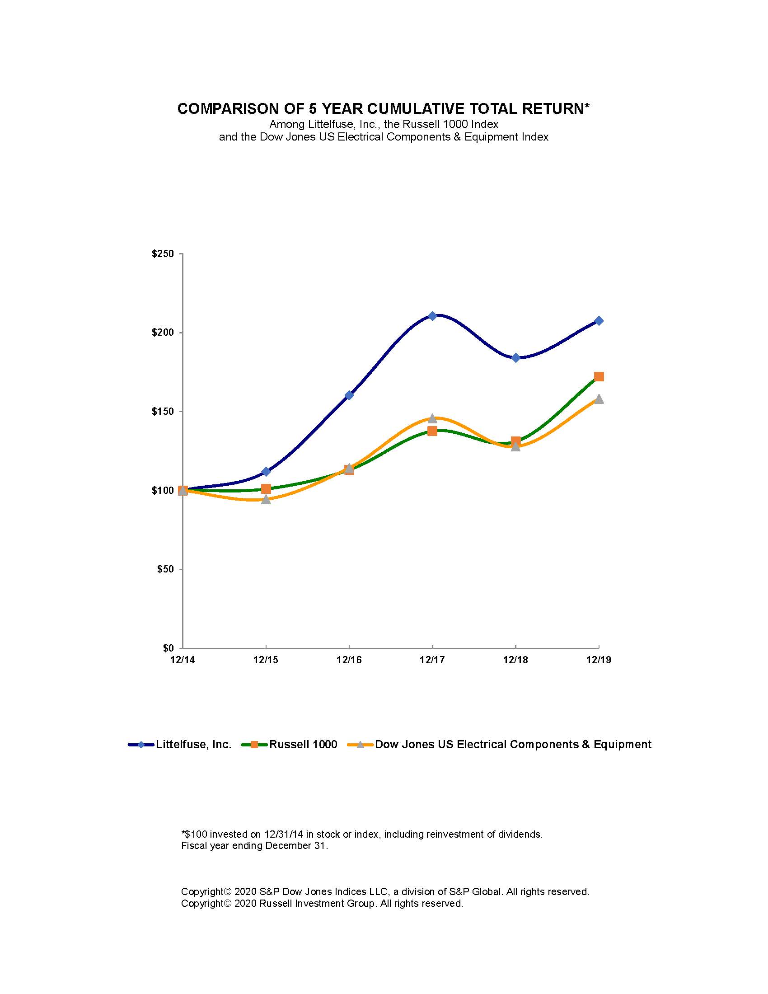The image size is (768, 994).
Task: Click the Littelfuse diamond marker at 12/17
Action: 432,316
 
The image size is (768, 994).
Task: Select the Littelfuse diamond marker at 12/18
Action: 515,358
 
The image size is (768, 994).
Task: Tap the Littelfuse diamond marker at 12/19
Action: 599,321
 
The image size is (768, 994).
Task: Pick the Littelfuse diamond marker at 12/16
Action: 349,395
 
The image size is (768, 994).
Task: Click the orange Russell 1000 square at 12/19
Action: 599,376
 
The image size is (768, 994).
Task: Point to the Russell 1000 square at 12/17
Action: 432,431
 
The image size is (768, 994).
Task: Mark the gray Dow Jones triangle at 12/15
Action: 266,500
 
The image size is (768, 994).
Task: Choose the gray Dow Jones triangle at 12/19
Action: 599,399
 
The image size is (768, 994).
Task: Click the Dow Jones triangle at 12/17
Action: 432,418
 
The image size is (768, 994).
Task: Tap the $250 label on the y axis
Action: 163,254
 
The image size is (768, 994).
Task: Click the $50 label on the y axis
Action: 165,569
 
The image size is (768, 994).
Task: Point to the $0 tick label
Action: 168,648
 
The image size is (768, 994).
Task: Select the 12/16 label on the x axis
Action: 349,660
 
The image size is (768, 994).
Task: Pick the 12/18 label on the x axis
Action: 515,660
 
